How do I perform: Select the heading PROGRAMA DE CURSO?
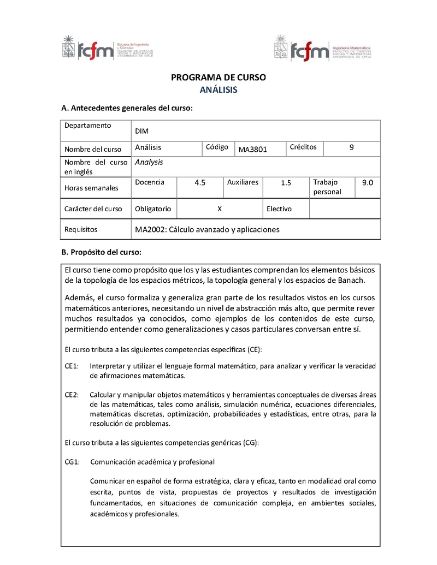[x=218, y=78]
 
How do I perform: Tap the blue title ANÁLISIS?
[x=218, y=90]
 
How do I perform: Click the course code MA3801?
[x=253, y=150]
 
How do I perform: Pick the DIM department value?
[x=141, y=132]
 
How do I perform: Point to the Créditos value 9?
[x=351, y=147]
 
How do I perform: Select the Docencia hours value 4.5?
[x=200, y=183]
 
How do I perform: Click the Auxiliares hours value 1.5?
[x=286, y=183]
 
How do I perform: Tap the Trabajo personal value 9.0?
[x=367, y=183]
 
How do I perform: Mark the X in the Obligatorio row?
[x=219, y=209]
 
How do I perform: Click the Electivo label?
[x=279, y=209]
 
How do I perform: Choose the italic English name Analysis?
[x=149, y=162]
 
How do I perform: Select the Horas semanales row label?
[x=91, y=188]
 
